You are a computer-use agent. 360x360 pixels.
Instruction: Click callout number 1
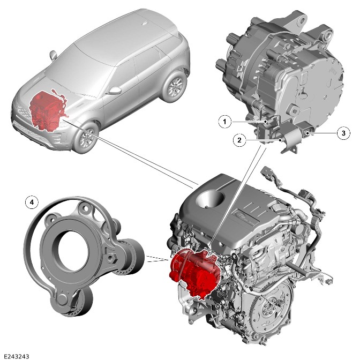pyautogui.click(x=224, y=122)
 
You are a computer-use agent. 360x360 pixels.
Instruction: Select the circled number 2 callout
pyautogui.click(x=239, y=140)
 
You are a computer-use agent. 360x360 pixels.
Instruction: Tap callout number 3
pyautogui.click(x=343, y=133)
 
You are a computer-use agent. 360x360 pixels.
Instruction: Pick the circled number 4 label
pyautogui.click(x=32, y=202)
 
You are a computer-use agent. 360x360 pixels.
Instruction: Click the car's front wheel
pyautogui.click(x=86, y=138)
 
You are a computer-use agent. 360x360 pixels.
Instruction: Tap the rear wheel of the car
pyautogui.click(x=175, y=86)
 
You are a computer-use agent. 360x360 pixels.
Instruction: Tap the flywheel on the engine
pyautogui.click(x=271, y=305)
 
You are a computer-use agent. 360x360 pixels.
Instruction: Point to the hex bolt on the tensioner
pyautogui.click(x=112, y=259)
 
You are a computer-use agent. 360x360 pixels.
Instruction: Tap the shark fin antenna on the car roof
pyautogui.click(x=145, y=22)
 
